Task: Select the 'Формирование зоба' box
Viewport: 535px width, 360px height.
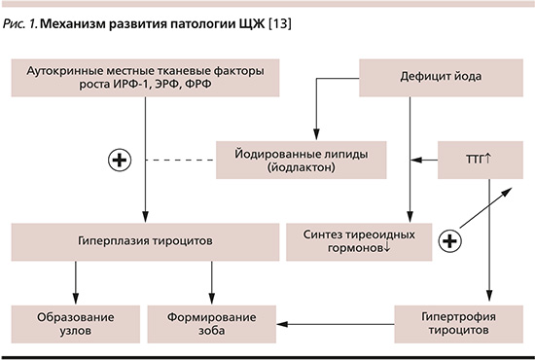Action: coord(210,324)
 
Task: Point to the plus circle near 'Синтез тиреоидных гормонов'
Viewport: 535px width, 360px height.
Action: coord(450,240)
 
